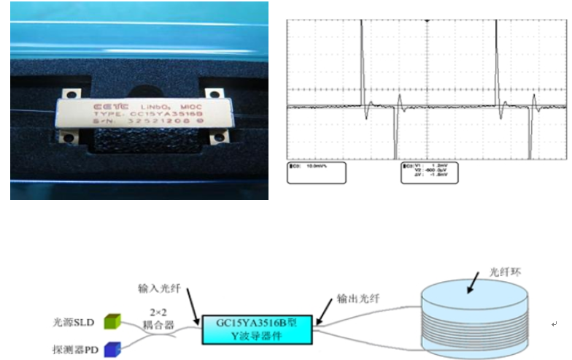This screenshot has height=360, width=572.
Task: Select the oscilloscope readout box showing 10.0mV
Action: click(315, 174)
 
